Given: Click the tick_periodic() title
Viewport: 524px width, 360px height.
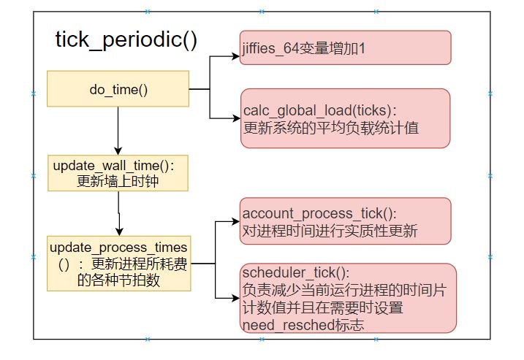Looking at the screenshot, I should tap(126, 39).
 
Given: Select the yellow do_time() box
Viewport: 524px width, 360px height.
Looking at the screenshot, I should tap(118, 89).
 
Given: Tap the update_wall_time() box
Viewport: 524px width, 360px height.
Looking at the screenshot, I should tap(118, 173).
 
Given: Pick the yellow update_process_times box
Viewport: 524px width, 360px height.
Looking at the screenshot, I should tap(118, 262).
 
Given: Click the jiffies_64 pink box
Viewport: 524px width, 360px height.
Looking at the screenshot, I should tap(345, 48).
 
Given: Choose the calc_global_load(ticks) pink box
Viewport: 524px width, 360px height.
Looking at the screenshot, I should tap(345, 118).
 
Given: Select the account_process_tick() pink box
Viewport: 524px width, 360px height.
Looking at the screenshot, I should tap(345, 221).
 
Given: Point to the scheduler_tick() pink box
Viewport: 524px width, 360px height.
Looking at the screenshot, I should tap(349, 297).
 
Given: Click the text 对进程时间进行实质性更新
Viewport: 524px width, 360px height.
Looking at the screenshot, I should tap(329, 230).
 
